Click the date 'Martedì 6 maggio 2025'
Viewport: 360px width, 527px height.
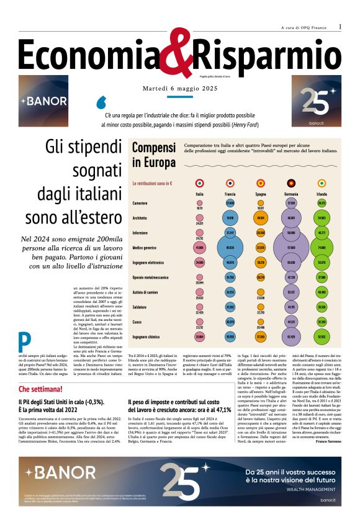[x=179, y=89]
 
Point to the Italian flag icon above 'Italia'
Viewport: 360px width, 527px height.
[x=199, y=183]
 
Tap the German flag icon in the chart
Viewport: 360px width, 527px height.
[x=290, y=183]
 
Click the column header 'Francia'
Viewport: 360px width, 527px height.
[x=230, y=194]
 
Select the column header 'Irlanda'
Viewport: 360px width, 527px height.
[x=322, y=194]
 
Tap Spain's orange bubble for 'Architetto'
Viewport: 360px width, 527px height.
[x=261, y=218]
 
